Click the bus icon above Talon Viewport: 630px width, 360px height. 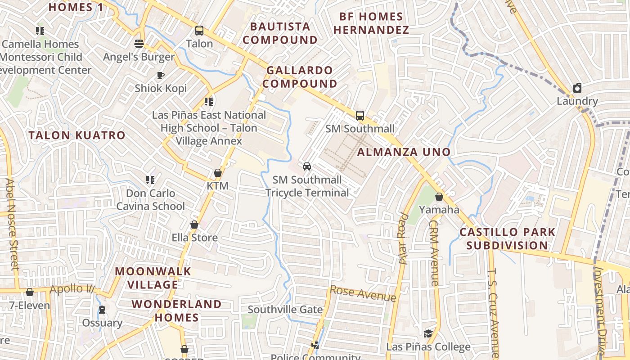tap(199, 31)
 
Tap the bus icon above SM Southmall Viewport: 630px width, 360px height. tap(360, 116)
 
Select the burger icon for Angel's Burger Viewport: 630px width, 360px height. tap(139, 44)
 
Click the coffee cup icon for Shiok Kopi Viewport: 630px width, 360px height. tap(160, 75)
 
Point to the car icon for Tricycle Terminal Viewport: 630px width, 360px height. tap(307, 166)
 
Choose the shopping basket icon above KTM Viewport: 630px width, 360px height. tap(218, 173)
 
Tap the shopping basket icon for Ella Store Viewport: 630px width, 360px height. tap(194, 225)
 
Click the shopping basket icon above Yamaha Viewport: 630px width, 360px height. tap(439, 197)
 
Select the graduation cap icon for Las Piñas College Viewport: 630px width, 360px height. tap(428, 333)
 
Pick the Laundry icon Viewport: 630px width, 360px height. tap(577, 88)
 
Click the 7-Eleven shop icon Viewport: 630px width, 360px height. tap(30, 292)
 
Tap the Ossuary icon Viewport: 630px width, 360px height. tap(102, 310)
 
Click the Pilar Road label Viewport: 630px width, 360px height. tap(404, 239)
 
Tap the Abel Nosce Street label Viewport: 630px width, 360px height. tap(12, 224)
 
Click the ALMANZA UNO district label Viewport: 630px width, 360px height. tap(404, 152)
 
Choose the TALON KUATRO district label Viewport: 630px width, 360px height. tap(77, 135)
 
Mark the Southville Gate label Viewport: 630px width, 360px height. tap(285, 310)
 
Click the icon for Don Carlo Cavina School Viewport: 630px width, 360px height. tap(150, 180)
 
